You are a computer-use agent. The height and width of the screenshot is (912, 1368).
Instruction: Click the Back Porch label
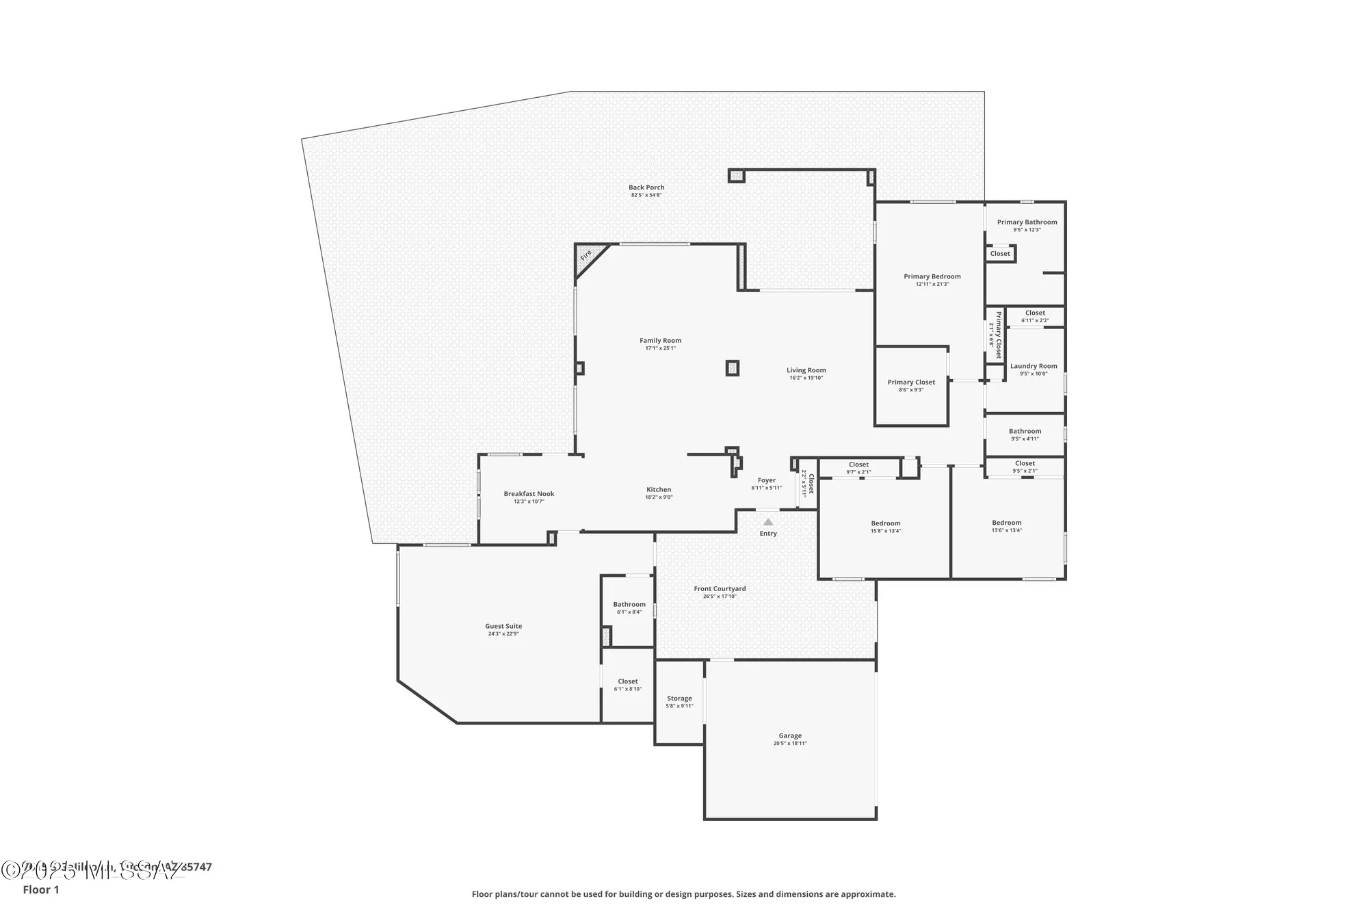point(646,187)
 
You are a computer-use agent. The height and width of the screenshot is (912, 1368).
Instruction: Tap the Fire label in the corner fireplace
point(586,255)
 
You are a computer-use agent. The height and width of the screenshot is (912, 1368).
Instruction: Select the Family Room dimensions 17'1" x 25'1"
point(660,348)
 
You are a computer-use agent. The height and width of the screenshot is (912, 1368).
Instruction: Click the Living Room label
point(806,370)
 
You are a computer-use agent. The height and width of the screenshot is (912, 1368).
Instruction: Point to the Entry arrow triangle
point(768,522)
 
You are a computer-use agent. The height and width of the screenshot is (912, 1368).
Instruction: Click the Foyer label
point(766,480)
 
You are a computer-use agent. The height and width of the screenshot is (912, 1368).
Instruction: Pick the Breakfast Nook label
point(529,494)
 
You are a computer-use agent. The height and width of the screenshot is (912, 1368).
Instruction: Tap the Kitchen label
point(659,490)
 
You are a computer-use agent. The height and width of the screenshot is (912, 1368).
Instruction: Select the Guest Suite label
point(503,626)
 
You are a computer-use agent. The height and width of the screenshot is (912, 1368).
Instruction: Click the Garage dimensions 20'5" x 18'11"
point(790,743)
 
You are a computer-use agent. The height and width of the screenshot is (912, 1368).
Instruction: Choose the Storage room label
point(679,699)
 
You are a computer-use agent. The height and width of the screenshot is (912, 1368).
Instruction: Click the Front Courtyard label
point(720,588)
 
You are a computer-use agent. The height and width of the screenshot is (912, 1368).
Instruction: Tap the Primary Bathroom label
point(1027,222)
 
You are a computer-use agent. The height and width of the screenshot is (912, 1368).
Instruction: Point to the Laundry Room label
point(1034,366)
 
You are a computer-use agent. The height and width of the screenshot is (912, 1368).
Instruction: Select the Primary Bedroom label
point(932,276)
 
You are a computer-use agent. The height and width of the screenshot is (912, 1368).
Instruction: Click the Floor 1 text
point(41,889)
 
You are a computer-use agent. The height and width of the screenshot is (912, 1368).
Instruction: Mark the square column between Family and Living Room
point(733,368)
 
